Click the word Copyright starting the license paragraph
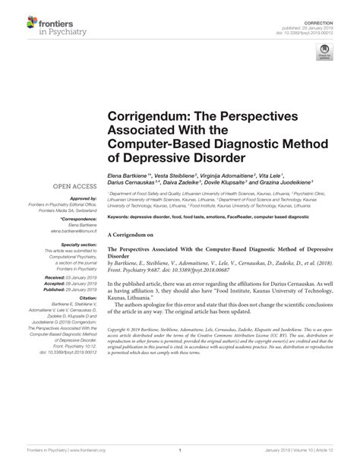click(x=122, y=352)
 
